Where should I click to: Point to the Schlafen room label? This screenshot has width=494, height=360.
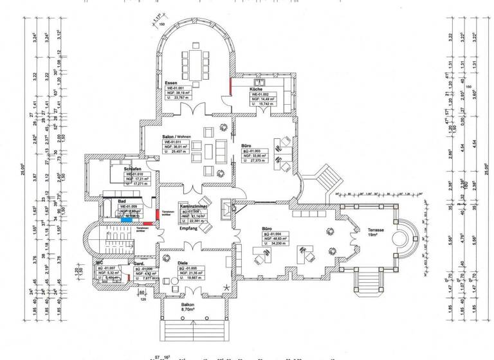[133, 169]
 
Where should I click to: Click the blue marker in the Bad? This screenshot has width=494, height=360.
[128, 219]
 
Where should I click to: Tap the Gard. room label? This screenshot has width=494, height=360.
[138, 264]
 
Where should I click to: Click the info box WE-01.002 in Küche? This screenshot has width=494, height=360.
[266, 98]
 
